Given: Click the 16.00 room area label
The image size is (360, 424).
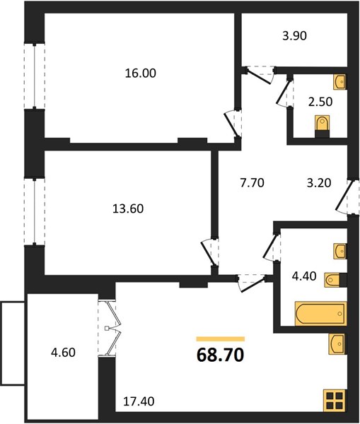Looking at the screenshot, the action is pos(141,73).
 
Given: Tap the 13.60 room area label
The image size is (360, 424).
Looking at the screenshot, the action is pos(128,208).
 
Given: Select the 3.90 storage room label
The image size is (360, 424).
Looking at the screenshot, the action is pos(294,36).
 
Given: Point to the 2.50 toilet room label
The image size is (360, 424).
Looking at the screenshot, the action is pos(320,102).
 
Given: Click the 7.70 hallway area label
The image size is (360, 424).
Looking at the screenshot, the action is pos(252,183).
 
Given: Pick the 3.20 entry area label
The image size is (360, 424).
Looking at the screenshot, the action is pos(319,183).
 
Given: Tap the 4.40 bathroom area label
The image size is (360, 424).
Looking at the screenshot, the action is pos(304,276).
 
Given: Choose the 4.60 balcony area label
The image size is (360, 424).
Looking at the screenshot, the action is pos(63,353).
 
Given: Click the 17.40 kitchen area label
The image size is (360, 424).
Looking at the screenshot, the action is pos(139,401).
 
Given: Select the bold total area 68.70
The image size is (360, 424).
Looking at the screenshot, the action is pos(221,355).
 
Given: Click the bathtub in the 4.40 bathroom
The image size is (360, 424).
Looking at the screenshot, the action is pos(320,314).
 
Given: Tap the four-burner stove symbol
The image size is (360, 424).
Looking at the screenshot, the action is pos(335,401).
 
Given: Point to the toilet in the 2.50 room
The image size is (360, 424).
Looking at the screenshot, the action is pos(323,126).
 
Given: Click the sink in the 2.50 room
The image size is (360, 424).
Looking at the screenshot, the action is pos(339,81).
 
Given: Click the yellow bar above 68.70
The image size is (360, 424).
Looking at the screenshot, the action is pos(221,339).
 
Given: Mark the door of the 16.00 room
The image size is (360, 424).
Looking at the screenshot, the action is pos(232,124).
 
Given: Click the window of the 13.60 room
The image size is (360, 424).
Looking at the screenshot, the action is pos(35,212).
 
